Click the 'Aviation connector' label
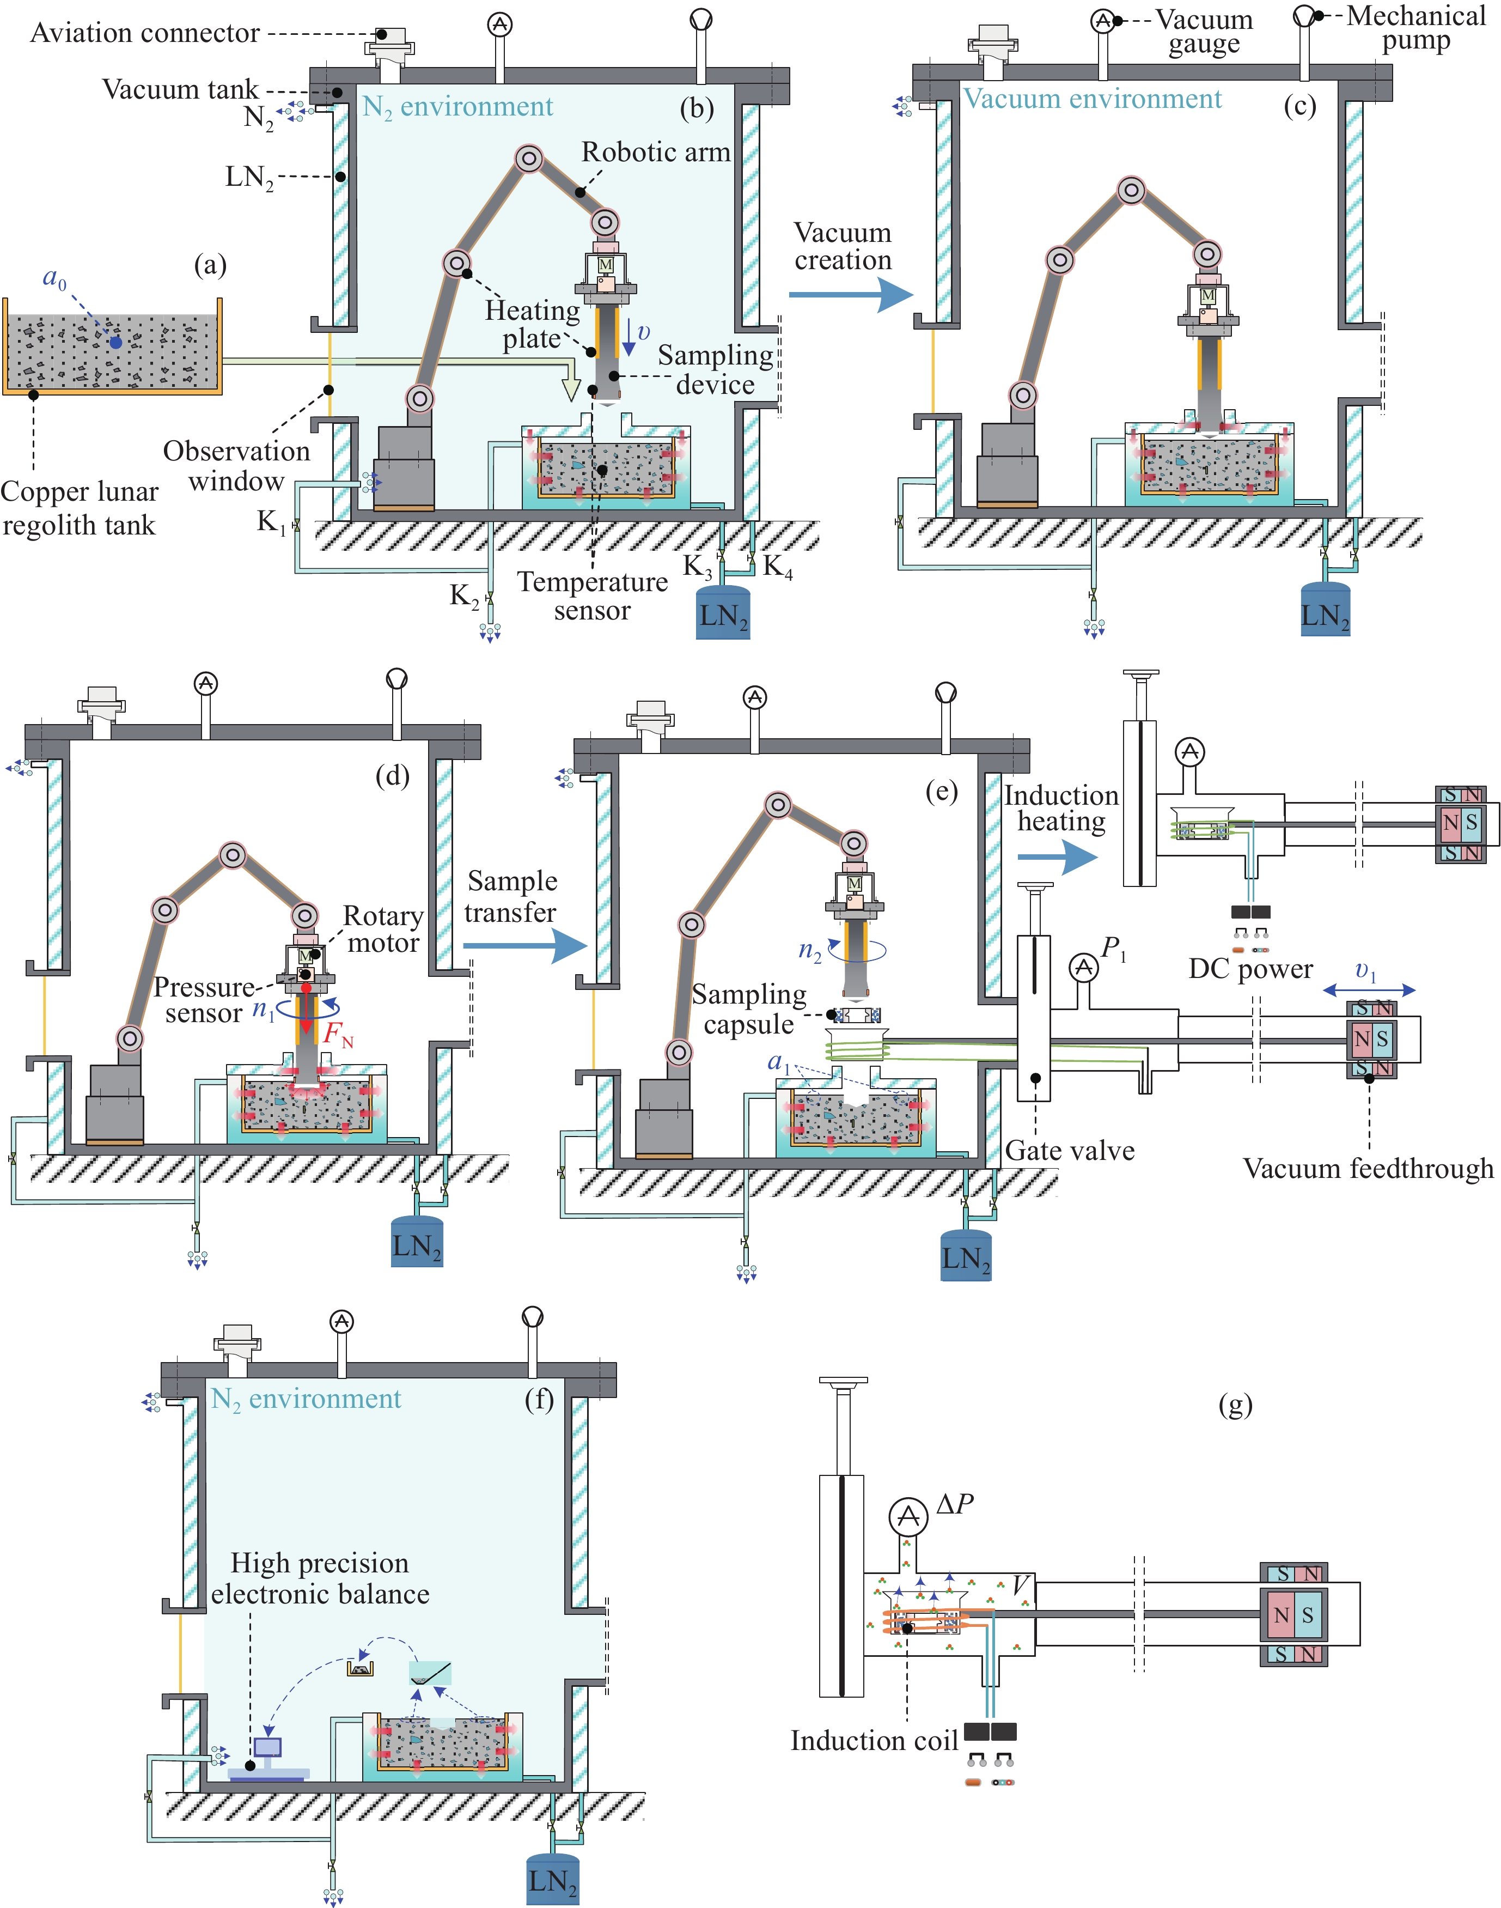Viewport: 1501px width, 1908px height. tap(145, 33)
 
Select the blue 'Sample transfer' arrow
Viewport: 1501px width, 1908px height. tap(524, 946)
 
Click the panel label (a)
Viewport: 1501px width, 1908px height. tap(210, 265)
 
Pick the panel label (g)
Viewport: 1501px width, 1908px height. tap(1235, 1405)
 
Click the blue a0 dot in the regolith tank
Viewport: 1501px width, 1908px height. tap(116, 342)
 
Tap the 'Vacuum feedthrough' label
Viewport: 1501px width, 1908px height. tap(1368, 1169)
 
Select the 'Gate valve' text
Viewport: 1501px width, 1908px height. tap(1070, 1151)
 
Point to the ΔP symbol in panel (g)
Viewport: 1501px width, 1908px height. tap(954, 1504)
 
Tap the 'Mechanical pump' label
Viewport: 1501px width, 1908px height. tap(1415, 28)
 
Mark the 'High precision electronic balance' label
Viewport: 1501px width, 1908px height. tap(320, 1578)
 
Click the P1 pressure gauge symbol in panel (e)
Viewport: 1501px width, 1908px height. tap(1084, 967)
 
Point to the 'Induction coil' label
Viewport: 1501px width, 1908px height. tap(874, 1741)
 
